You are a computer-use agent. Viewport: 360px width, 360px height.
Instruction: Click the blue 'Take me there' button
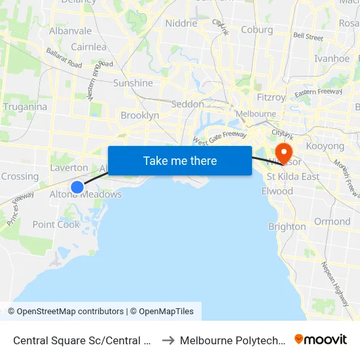[x=180, y=160]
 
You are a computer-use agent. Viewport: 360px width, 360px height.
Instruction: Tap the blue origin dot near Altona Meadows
[x=77, y=187]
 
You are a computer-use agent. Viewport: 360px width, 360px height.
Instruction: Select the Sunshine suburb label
[x=133, y=83]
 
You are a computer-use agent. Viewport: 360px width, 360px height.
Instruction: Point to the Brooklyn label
[x=139, y=115]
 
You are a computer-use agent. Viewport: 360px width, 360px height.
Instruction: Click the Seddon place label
[x=187, y=104]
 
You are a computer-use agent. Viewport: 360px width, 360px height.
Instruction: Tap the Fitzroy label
[x=271, y=98]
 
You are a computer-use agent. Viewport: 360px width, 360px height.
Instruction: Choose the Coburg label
[x=257, y=29]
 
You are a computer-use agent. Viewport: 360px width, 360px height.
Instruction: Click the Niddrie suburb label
[x=181, y=24]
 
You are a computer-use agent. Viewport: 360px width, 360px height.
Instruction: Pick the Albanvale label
[x=70, y=31]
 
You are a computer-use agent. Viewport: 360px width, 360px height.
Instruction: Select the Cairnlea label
[x=88, y=47]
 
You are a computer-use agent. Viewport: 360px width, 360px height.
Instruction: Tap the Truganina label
[x=25, y=107]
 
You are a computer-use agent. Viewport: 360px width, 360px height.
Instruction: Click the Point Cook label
[x=56, y=225]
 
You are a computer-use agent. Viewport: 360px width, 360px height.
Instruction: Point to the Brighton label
[x=287, y=226]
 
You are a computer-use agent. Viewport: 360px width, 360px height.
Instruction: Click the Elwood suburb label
[x=277, y=191]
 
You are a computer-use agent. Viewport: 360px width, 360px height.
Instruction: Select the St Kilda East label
[x=293, y=177]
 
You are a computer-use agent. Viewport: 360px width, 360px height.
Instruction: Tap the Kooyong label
[x=325, y=147]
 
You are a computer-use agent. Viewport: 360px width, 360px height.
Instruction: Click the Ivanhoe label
[x=332, y=58]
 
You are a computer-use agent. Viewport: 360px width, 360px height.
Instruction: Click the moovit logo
[x=321, y=340]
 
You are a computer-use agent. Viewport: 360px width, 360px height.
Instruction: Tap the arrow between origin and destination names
[x=168, y=340]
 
